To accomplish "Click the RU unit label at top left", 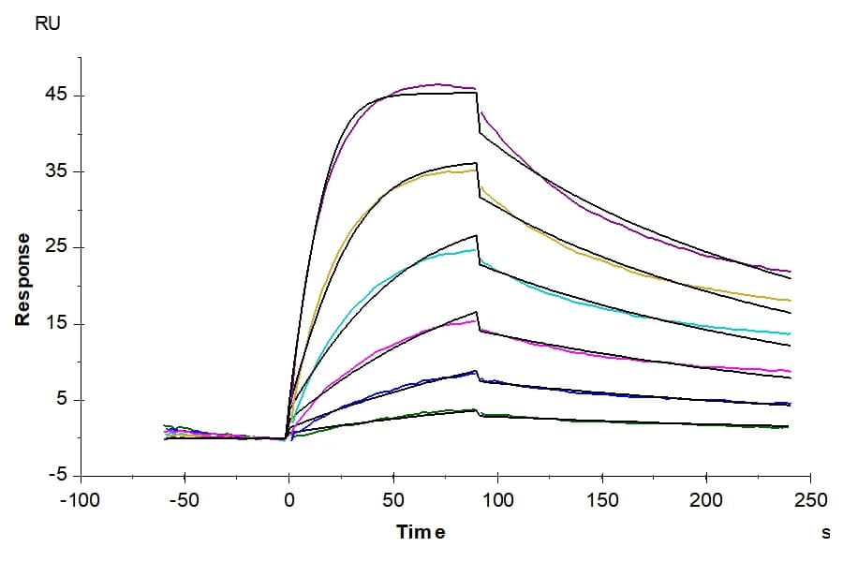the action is click(48, 23).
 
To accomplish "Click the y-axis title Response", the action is click(22, 280).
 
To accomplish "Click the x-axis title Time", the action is click(421, 532).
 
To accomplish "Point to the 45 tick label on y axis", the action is click(56, 95).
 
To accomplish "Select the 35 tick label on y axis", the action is click(56, 171).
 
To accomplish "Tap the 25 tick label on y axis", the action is click(56, 247).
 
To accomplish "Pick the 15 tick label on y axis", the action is click(56, 323).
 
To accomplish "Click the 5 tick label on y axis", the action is click(61, 399).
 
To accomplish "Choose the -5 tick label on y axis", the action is click(57, 475).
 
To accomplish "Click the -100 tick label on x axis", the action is click(81, 501).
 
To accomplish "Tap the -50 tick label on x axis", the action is click(185, 501).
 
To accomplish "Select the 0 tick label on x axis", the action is click(289, 501).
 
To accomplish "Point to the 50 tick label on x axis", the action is click(393, 501).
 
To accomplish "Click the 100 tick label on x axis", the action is click(498, 501).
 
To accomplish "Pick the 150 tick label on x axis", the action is click(602, 501).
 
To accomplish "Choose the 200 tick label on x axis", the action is click(706, 501).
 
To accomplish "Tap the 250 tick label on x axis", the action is click(811, 501).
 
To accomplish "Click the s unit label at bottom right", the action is click(825, 532).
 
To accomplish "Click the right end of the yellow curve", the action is click(791, 300).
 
